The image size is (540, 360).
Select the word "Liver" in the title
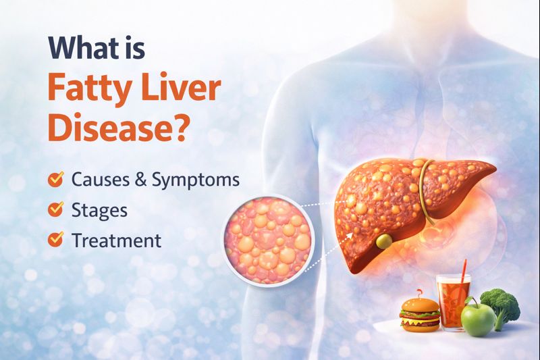(176, 88)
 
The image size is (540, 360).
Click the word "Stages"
(99, 210)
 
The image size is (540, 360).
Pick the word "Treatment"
(116, 239)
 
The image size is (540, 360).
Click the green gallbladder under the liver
(383, 241)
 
